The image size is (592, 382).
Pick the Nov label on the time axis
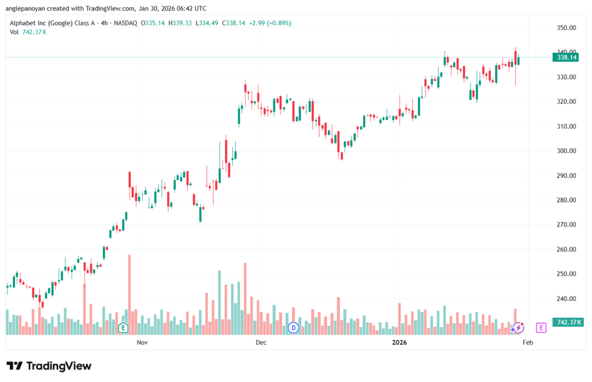coord(142,343)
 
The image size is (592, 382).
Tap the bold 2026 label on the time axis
coord(399,343)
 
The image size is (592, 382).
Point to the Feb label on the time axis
coord(527,343)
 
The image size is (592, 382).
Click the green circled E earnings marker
coord(123,328)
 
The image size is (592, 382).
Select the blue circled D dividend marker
coord(293,328)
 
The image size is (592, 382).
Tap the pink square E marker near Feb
coord(541,328)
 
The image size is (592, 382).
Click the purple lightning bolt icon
coord(518,328)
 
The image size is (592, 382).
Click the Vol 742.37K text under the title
coord(28,32)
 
